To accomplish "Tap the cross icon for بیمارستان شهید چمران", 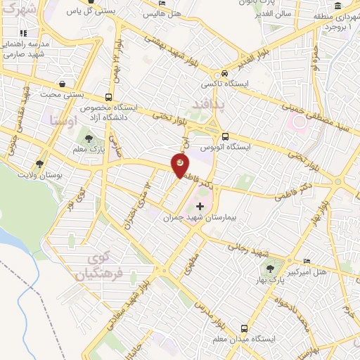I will pos(200,207).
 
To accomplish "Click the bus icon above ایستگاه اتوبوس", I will pos(224,136).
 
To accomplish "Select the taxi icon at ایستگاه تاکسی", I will pos(224,73).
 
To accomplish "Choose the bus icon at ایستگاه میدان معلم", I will pos(244,328).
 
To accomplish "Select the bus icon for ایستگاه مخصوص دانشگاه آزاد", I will pos(108,97).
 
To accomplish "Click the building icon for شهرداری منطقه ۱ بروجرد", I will pos(338,7).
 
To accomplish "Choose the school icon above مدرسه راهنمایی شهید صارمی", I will pos(23,32).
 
